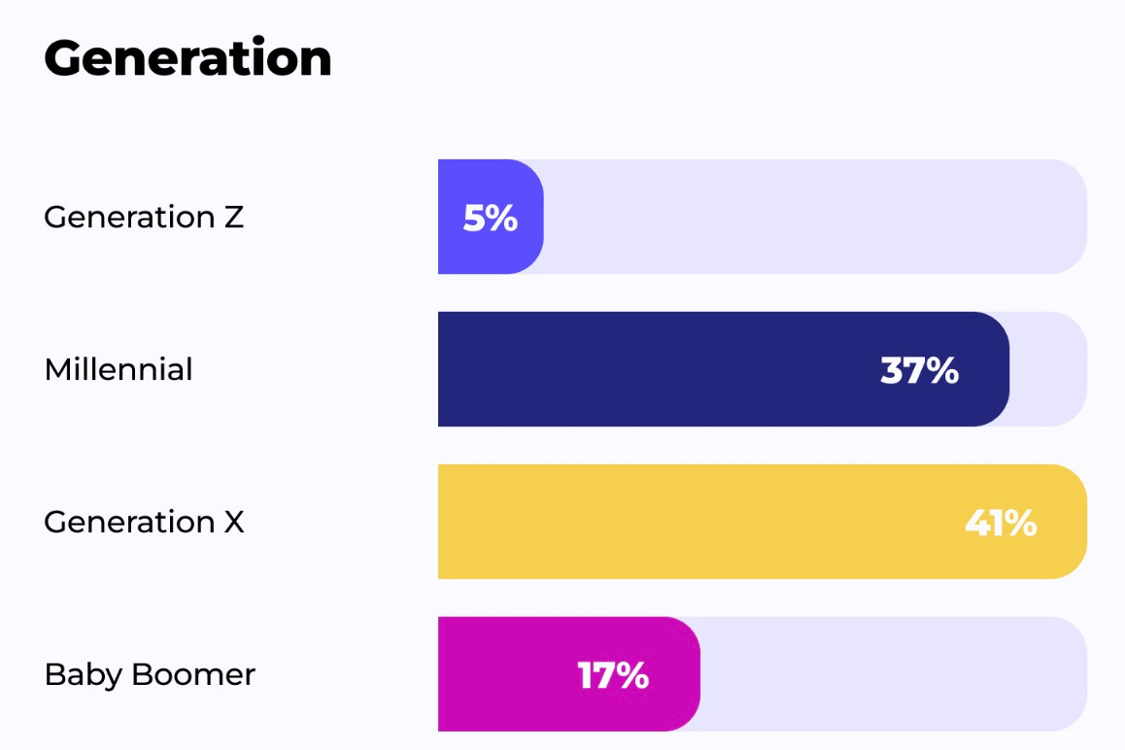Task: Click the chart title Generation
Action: (x=187, y=57)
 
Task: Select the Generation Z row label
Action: (x=144, y=217)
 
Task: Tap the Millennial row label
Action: (x=119, y=369)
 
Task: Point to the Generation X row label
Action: (x=144, y=522)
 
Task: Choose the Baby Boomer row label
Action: (x=150, y=675)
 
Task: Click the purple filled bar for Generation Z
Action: (x=491, y=217)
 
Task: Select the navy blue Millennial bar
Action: (x=723, y=369)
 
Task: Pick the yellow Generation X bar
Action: (x=762, y=522)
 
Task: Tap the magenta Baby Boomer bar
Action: (x=569, y=674)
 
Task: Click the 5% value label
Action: (x=490, y=218)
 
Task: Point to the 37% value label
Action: (x=919, y=370)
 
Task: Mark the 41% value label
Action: (x=1001, y=524)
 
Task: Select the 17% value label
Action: (x=613, y=675)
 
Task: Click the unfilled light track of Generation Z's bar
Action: (x=815, y=217)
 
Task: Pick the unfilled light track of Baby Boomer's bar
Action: (x=893, y=674)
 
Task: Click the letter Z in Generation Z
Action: (x=234, y=218)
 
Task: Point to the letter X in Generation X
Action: (x=234, y=523)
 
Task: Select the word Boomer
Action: (x=193, y=674)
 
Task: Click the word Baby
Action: (x=84, y=675)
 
